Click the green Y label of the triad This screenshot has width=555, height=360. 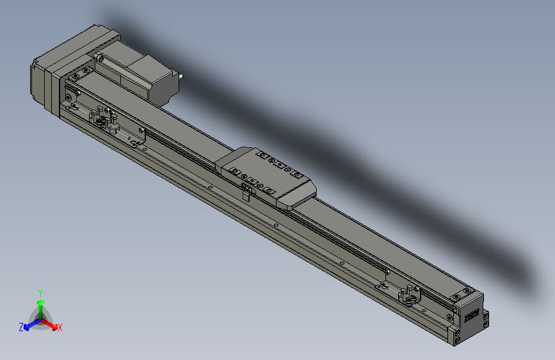tap(40, 291)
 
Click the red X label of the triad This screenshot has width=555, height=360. tap(60, 328)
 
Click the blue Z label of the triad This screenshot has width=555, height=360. tap(21, 327)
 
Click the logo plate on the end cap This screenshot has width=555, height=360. tap(471, 314)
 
